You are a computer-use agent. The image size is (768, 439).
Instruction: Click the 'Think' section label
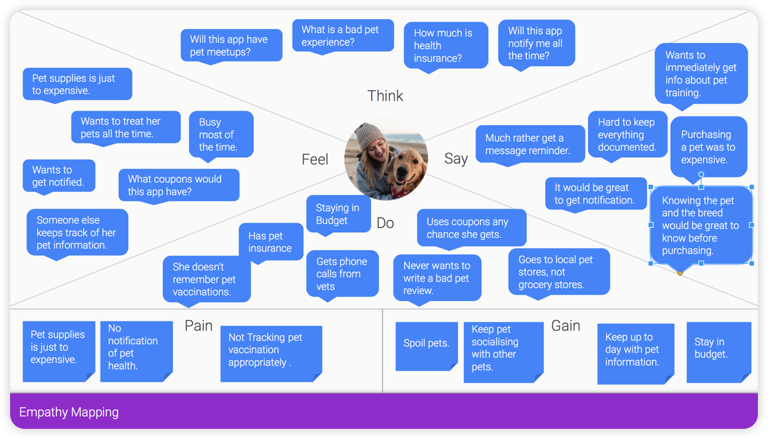pos(385,96)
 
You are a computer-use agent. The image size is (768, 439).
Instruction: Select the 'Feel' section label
pos(315,159)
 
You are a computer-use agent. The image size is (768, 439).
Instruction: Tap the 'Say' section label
pos(455,158)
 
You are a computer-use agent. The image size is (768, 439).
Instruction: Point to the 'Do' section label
pos(385,223)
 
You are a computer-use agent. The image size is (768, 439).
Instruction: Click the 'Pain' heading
pos(198,326)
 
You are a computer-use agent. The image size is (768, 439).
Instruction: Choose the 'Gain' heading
pos(565,326)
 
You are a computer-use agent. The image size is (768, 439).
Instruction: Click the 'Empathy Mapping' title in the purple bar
pos(69,412)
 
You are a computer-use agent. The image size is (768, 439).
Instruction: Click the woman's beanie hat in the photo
pos(370,134)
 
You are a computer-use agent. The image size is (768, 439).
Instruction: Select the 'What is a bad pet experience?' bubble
pos(343,35)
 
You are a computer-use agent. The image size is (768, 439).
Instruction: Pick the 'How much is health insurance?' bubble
pos(445,46)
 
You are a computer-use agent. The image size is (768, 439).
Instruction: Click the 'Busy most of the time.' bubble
pos(221,135)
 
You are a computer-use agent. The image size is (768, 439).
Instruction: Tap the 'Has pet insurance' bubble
pos(270,242)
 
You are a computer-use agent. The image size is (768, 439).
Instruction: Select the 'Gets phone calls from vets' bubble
pos(342,274)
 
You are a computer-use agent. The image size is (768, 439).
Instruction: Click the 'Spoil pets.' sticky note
pos(426,344)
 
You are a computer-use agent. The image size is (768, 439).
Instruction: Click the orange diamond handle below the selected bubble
pos(680,273)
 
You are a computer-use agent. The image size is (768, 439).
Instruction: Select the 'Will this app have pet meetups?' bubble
pos(231,46)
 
